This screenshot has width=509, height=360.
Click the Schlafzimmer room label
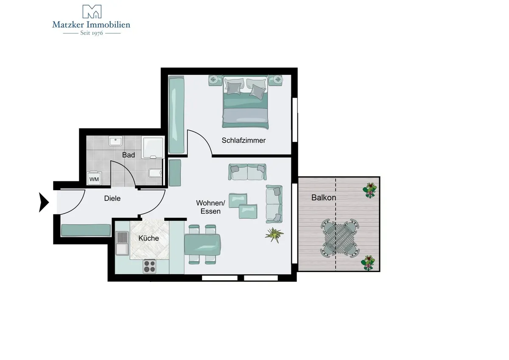tap(243, 141)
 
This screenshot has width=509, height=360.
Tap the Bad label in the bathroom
tap(129, 155)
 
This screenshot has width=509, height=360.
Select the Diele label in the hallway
tap(112, 198)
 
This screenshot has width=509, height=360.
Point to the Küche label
tap(148, 238)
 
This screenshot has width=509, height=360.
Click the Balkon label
tap(324, 197)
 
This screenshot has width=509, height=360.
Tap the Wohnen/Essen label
tap(211, 207)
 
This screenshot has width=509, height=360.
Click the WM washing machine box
tap(94, 178)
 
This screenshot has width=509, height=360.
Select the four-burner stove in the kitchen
tap(149, 266)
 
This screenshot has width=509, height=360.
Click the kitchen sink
tap(122, 243)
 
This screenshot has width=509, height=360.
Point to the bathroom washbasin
tap(116, 141)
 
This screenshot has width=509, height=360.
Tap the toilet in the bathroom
tap(155, 173)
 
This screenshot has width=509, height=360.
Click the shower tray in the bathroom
tap(153, 147)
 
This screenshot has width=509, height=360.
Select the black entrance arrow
tap(44, 202)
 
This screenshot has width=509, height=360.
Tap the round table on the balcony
tap(340, 238)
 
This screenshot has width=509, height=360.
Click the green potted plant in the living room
tap(274, 235)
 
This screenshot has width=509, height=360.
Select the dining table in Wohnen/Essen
tap(202, 245)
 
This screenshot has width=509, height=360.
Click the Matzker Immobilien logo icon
tap(92, 11)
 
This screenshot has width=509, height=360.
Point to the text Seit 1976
tap(92, 33)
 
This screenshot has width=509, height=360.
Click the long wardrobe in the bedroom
tap(176, 115)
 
